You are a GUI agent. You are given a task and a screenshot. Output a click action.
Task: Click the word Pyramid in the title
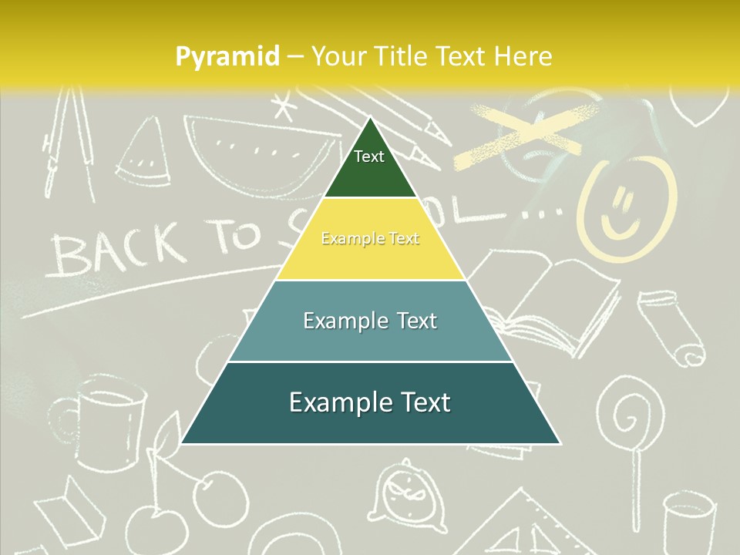(227, 57)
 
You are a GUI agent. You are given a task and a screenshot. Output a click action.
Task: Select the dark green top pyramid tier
(369, 166)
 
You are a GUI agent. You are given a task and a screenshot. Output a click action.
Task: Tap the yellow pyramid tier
(370, 240)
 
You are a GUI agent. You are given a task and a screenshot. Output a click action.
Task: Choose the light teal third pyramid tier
(370, 321)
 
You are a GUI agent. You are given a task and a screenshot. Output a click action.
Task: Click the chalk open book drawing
(547, 304)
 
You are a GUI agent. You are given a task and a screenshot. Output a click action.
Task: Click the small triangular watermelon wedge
(141, 156)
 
